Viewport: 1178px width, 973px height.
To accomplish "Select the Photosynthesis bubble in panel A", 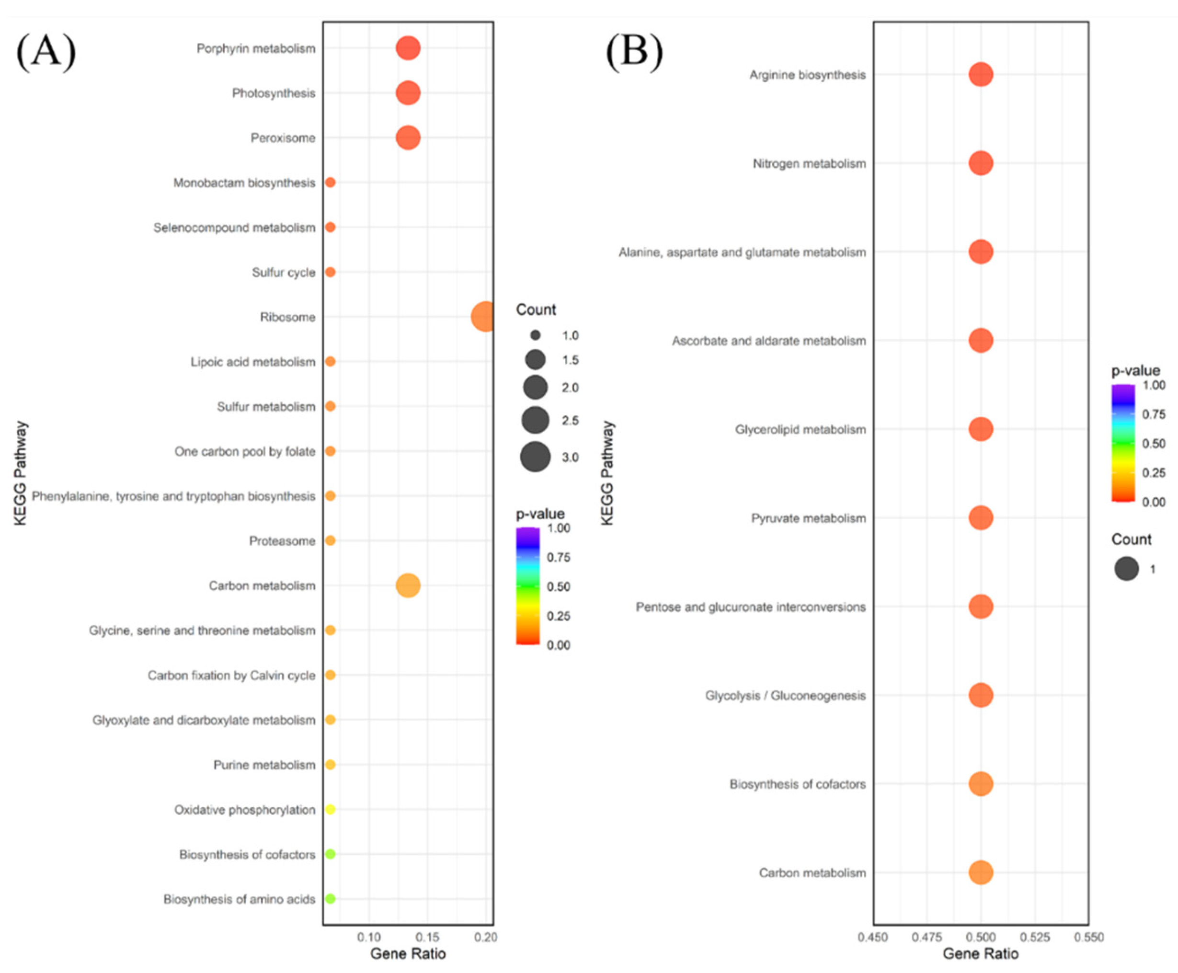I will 408,93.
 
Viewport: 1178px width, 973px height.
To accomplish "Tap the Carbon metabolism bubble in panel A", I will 408,586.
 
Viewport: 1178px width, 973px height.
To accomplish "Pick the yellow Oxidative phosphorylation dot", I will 330,809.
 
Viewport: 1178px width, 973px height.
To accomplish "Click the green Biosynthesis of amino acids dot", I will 330,899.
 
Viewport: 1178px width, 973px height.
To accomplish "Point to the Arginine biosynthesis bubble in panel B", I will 981,75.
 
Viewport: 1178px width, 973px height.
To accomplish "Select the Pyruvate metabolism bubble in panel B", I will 981,518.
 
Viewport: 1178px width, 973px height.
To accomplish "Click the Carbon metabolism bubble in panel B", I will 981,873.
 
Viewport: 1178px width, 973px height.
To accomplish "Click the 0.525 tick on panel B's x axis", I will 1035,937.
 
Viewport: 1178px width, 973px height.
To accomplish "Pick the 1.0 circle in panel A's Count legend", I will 535,335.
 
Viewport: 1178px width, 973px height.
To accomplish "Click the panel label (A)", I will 46,52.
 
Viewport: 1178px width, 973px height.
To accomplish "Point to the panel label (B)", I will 634,52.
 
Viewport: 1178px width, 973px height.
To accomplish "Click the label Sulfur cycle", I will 284,273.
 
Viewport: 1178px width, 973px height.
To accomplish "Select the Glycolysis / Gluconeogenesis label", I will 785,696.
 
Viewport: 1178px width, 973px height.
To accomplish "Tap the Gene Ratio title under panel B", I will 981,954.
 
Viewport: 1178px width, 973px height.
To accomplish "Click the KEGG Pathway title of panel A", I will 21,474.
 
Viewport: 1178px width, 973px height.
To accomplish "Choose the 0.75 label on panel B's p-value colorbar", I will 1154,414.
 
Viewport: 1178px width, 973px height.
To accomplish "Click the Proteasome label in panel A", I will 282,541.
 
